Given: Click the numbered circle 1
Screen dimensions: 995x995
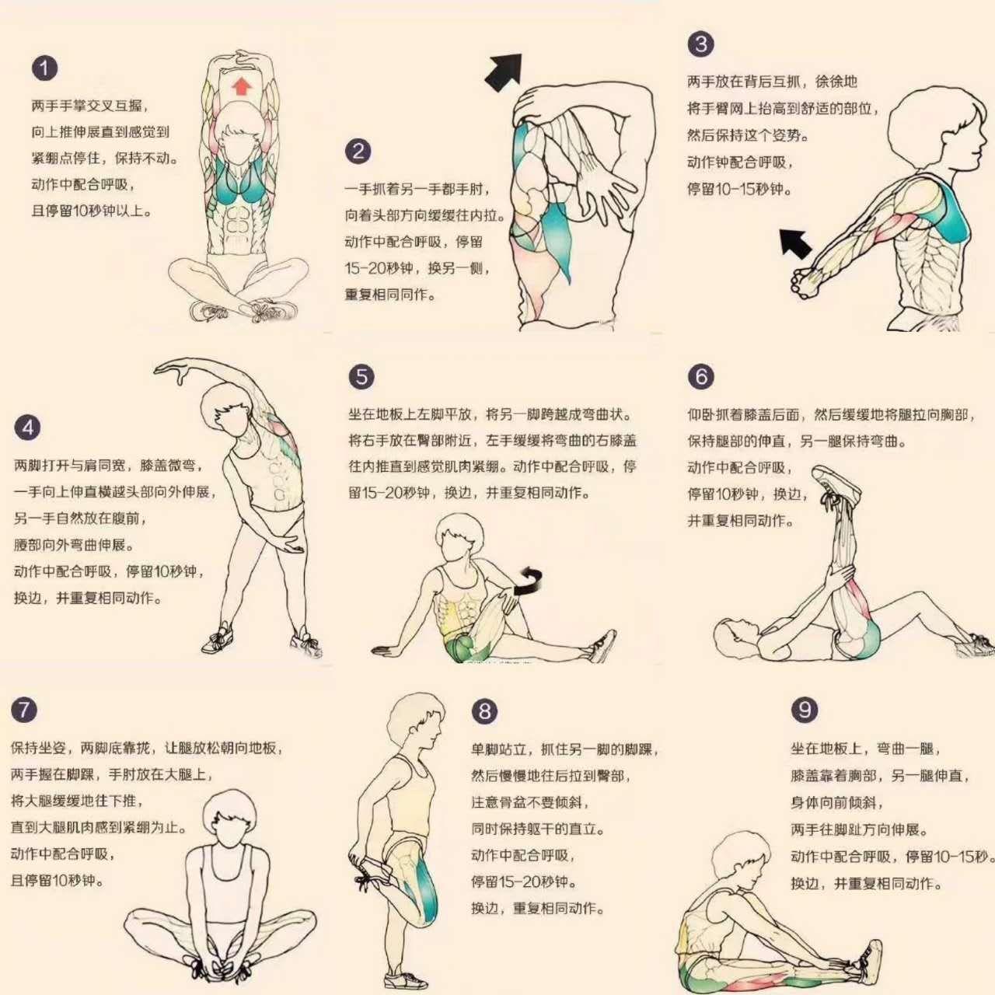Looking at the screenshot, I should coord(44,68).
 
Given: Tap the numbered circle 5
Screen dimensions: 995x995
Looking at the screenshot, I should coord(361,377).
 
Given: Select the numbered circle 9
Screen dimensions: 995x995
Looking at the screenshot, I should coord(805,710).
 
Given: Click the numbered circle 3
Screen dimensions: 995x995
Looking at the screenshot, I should coord(700,44).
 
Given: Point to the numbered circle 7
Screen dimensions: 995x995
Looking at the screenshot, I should coord(24,710).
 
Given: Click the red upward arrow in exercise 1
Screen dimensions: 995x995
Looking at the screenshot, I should coord(241,86).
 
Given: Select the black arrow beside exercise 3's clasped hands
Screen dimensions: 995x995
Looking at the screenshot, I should coord(796,244).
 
